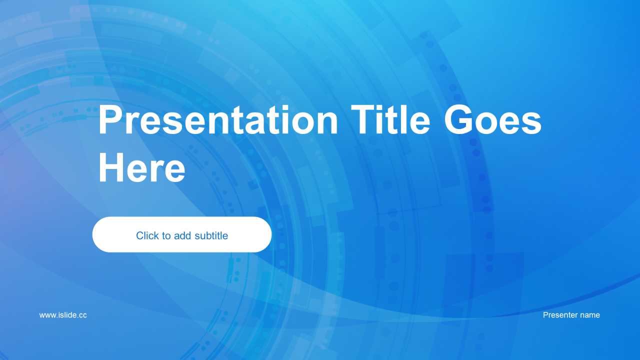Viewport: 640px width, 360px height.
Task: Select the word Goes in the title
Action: [x=492, y=119]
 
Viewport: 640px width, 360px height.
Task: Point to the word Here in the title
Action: [x=142, y=167]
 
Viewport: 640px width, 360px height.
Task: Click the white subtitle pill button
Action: [x=182, y=234]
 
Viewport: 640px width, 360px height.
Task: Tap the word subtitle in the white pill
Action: [x=211, y=235]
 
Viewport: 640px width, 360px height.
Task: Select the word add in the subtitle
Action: [x=182, y=235]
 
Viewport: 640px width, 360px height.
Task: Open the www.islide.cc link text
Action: [x=63, y=315]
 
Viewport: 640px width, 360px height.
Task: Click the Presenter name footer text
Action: [x=571, y=315]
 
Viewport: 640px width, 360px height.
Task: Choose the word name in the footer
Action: [x=588, y=315]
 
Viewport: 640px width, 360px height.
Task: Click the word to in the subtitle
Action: [x=166, y=236]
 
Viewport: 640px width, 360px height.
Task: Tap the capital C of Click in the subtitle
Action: [x=140, y=235]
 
